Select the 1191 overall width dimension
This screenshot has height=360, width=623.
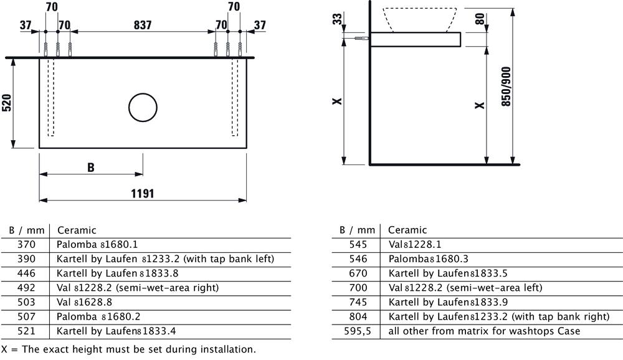pyautogui.click(x=143, y=194)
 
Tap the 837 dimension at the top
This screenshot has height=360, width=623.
pyautogui.click(x=143, y=25)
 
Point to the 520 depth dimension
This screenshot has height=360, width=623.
pyautogui.click(x=7, y=103)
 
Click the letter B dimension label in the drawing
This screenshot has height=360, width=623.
pyautogui.click(x=91, y=168)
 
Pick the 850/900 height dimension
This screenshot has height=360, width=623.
pyautogui.click(x=506, y=86)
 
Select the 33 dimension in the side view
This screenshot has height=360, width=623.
pyautogui.click(x=337, y=19)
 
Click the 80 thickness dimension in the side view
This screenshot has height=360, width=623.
pyautogui.click(x=480, y=19)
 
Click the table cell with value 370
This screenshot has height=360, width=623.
pyautogui.click(x=26, y=244)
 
